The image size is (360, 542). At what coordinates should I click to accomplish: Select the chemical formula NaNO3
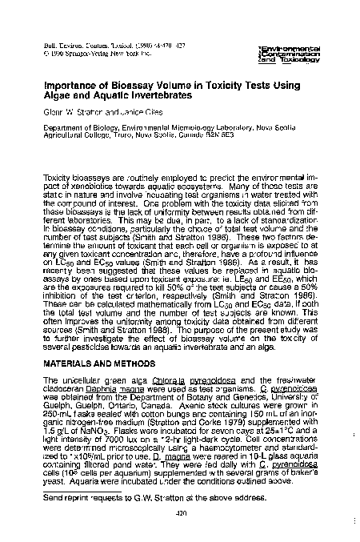coord(97,412)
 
